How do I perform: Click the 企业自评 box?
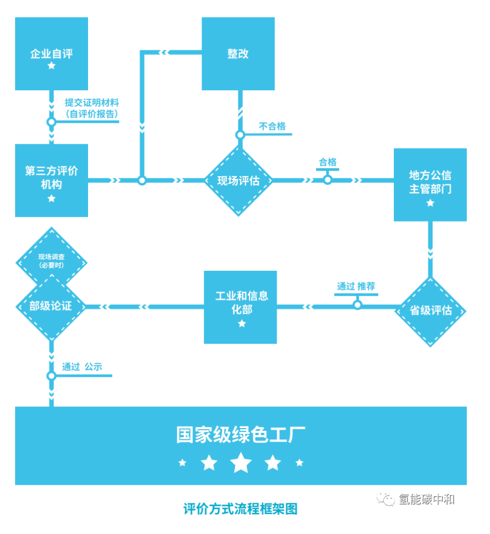51,54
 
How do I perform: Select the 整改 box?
238,54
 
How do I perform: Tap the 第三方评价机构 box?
51,180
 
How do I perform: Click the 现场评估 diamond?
238,181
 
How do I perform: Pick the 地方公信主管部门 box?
430,184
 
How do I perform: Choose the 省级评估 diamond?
431,311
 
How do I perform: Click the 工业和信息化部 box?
240,306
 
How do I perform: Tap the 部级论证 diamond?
50,306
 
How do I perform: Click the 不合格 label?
272,126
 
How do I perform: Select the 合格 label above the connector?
327,162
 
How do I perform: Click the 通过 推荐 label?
356,286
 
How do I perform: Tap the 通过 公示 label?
82,366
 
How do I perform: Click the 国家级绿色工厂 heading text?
240,435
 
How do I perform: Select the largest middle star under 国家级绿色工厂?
241,463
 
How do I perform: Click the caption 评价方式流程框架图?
240,509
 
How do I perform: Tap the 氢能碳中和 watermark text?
426,499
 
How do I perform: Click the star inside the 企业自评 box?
51,66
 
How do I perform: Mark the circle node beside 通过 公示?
51,375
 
